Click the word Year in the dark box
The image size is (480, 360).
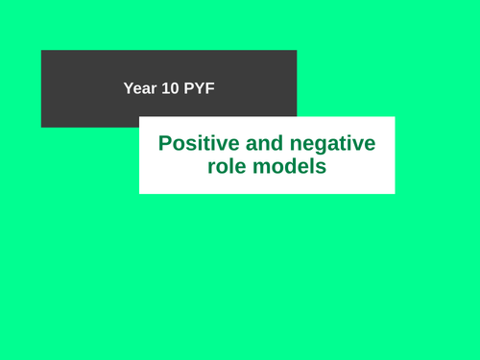click(139, 88)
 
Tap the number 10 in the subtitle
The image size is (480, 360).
click(169, 88)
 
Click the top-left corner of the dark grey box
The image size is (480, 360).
click(41, 50)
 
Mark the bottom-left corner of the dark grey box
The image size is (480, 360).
click(41, 127)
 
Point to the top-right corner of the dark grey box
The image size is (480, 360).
click(297, 50)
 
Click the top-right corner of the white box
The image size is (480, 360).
click(395, 117)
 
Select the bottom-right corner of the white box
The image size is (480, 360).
click(395, 193)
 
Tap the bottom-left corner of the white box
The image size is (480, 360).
click(139, 193)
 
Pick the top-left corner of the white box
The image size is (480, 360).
click(139, 117)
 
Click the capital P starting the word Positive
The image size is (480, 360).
click(165, 144)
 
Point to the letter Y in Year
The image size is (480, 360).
click(129, 88)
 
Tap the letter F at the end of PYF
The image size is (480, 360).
click(210, 88)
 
